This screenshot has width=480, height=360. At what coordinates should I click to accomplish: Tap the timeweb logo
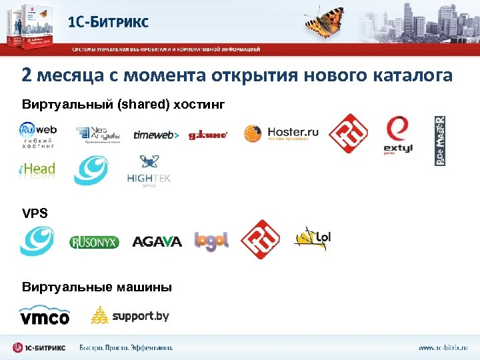tap(156, 135)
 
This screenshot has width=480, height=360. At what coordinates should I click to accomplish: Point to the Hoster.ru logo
tap(281, 133)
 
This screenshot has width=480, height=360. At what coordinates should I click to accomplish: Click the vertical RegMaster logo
tap(440, 141)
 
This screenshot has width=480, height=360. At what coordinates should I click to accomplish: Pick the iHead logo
tap(37, 169)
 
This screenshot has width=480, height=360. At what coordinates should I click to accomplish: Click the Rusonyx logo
tap(94, 242)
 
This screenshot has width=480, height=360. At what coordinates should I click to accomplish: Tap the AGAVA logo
tap(157, 241)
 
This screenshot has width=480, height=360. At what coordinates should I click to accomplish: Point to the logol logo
tap(211, 241)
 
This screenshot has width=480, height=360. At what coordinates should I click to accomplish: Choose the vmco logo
tap(44, 315)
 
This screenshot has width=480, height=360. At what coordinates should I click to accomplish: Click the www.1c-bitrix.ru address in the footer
tap(443, 347)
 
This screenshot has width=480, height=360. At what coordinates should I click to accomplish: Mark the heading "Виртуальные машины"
tap(97, 287)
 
